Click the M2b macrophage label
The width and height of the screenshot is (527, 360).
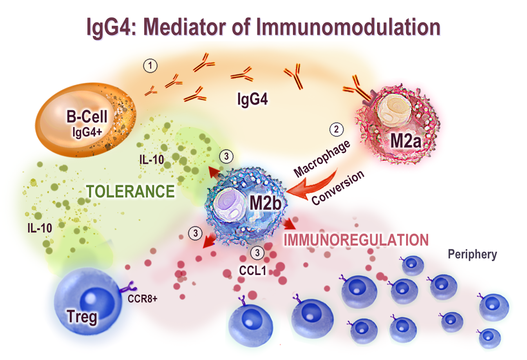(x=265, y=203)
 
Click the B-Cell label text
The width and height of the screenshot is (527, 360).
(x=87, y=117)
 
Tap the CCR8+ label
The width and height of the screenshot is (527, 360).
(x=142, y=299)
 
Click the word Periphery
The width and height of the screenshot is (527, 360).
(x=472, y=255)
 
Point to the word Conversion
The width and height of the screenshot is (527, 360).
(x=338, y=188)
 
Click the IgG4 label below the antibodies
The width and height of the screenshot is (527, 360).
(x=252, y=99)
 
